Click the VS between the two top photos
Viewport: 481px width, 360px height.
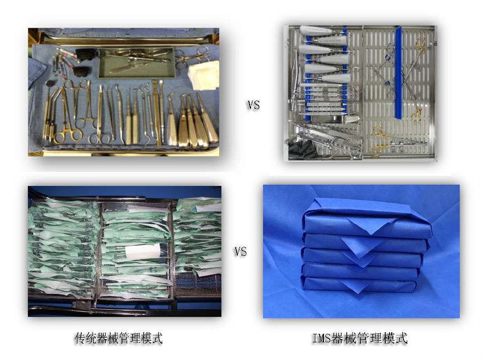(x=253, y=105)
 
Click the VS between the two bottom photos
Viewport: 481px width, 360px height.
(x=241, y=252)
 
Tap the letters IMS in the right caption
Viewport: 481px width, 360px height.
(x=321, y=338)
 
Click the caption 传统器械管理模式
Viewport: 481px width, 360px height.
(x=119, y=338)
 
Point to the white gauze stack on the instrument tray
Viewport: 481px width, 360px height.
(x=204, y=75)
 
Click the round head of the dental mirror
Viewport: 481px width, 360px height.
(x=50, y=83)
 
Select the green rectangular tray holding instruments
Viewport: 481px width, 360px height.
(x=137, y=63)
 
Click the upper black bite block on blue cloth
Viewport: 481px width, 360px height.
(x=86, y=54)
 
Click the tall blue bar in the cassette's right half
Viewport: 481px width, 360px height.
(x=399, y=73)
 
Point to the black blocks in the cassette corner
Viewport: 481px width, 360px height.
(x=302, y=150)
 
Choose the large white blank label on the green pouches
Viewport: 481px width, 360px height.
(x=143, y=252)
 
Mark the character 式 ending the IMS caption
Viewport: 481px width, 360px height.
(x=401, y=338)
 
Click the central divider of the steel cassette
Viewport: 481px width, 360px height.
(x=362, y=92)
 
